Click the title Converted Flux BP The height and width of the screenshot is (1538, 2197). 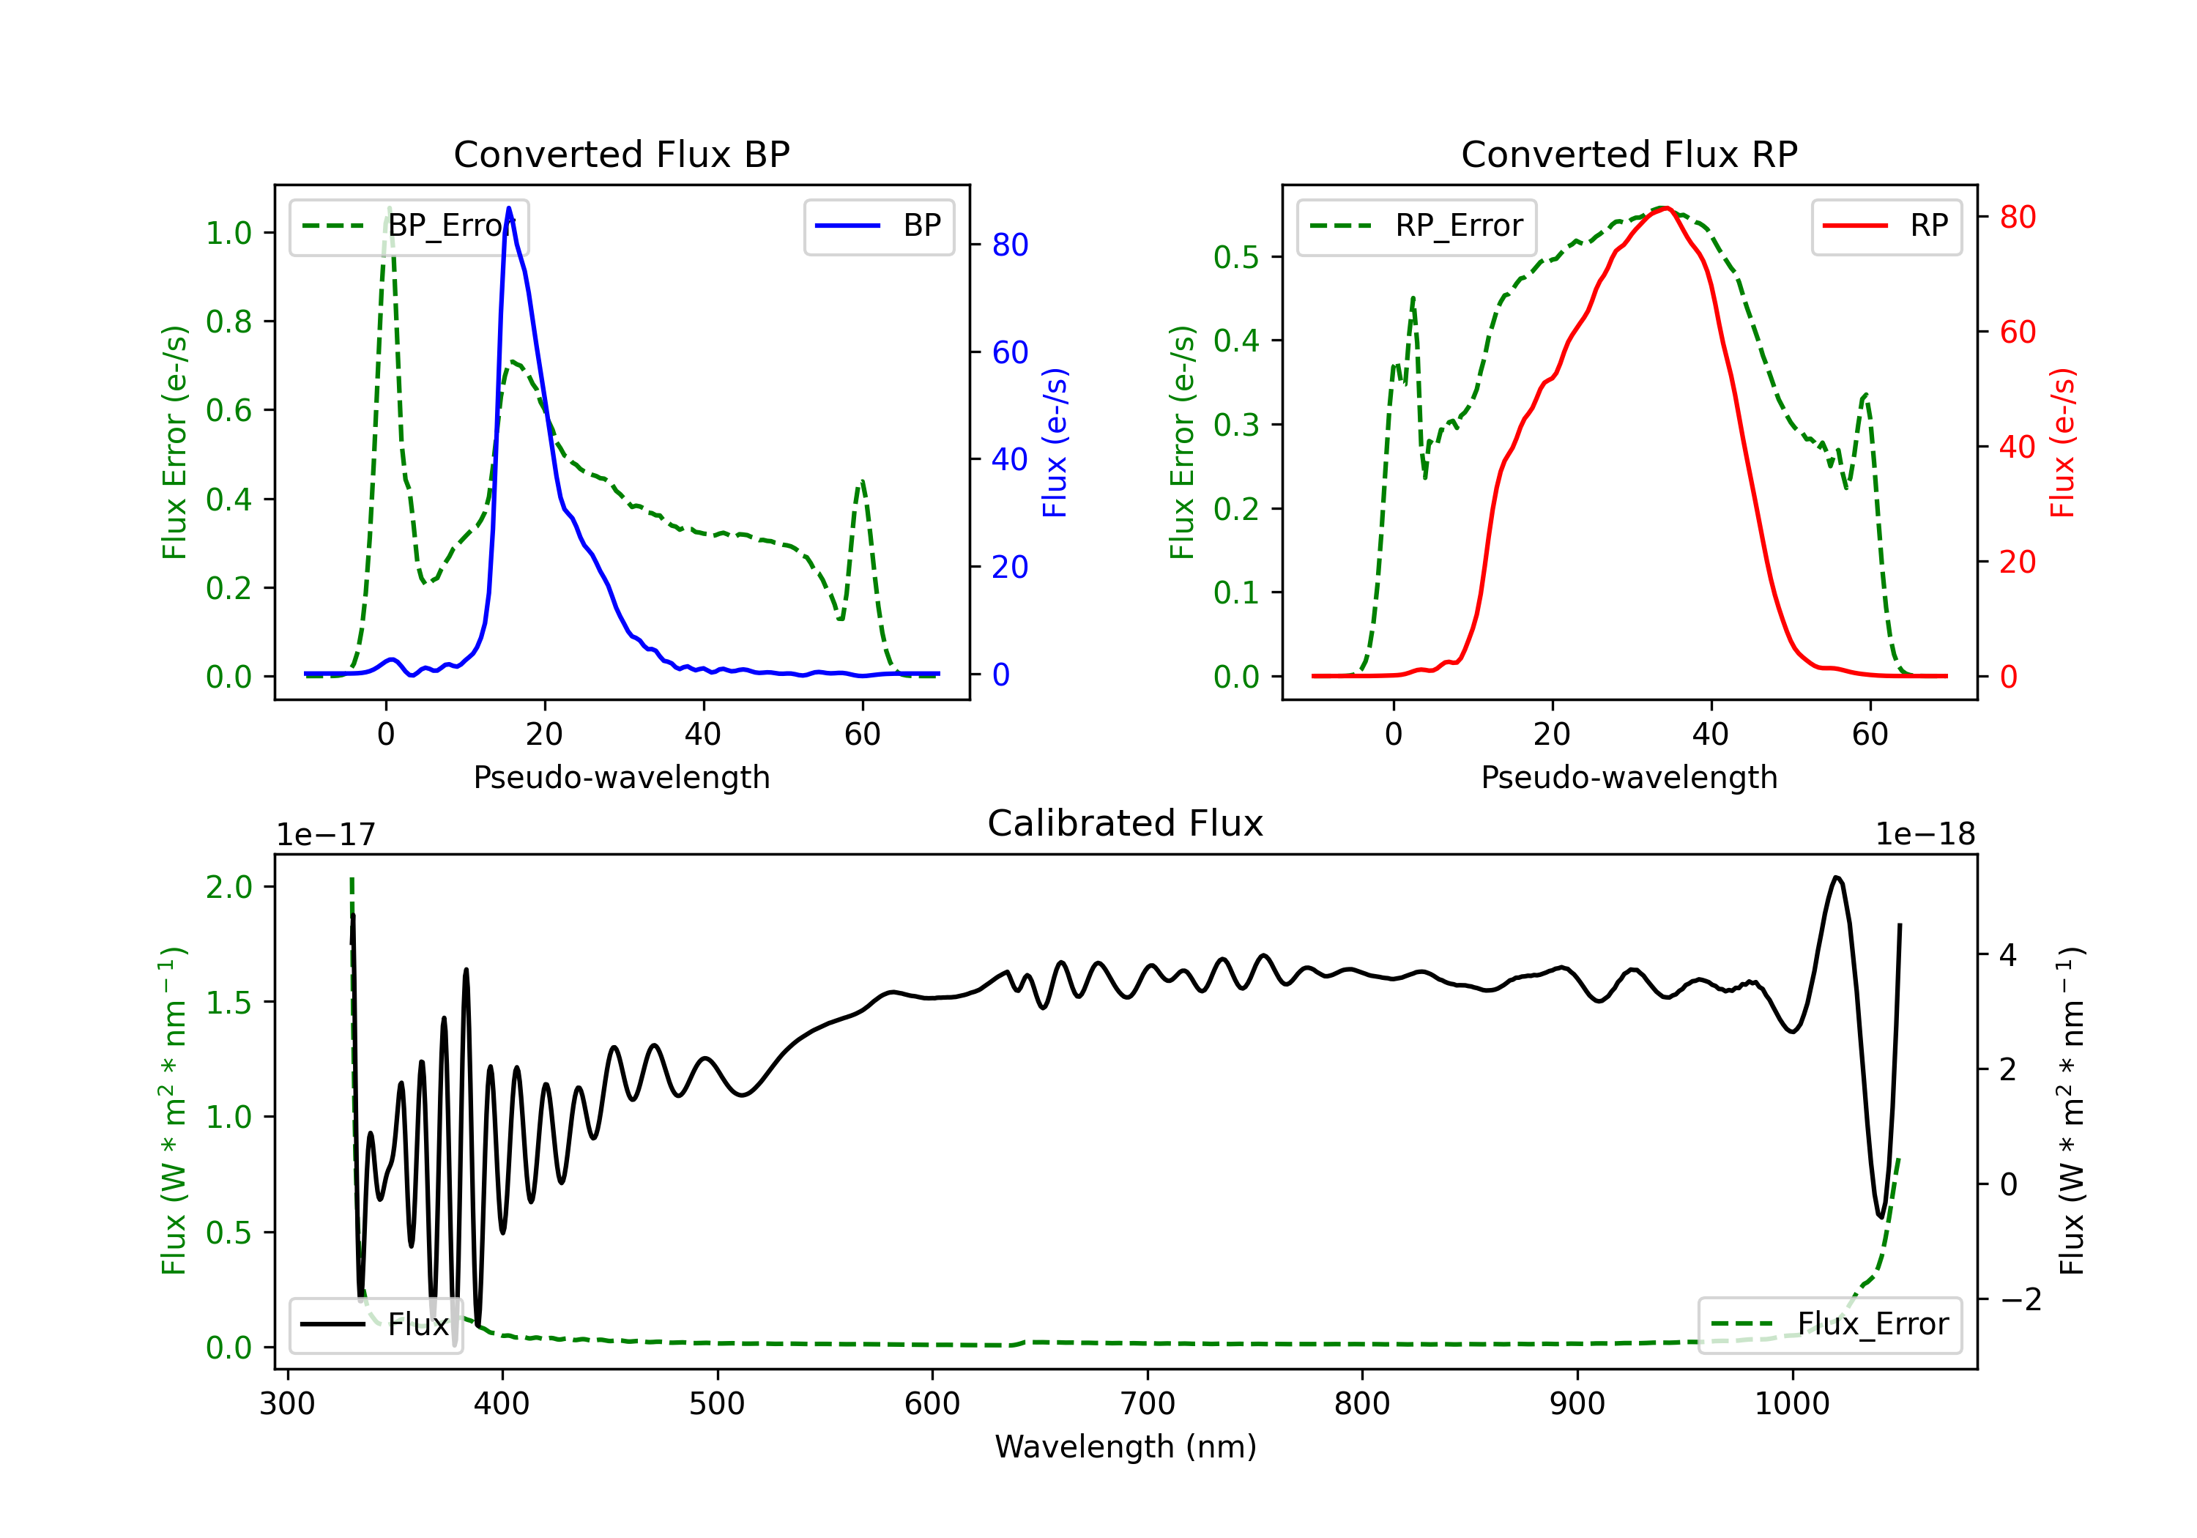pos(621,154)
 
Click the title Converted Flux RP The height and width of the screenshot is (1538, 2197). pos(1629,154)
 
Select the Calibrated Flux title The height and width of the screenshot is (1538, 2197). pos(1126,823)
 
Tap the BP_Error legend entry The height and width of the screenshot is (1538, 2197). pos(409,226)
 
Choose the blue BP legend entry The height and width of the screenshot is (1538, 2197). pos(878,226)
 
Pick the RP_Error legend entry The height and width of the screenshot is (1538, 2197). pos(1416,226)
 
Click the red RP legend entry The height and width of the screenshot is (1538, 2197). pos(1886,226)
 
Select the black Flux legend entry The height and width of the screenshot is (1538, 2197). pos(375,1325)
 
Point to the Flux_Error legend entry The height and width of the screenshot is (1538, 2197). pos(1829,1325)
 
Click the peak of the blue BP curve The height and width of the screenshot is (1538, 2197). pos(509,208)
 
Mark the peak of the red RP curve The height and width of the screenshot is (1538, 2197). pos(1665,208)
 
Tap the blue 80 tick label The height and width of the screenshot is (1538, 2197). pos(1009,245)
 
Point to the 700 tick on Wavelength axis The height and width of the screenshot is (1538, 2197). pos(1148,1404)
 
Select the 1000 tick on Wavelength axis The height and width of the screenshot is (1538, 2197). pos(1792,1404)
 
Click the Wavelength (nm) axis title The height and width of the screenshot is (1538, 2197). pos(1126,1447)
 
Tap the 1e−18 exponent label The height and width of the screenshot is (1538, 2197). pos(1925,835)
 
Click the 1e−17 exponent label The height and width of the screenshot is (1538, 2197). pos(327,835)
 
